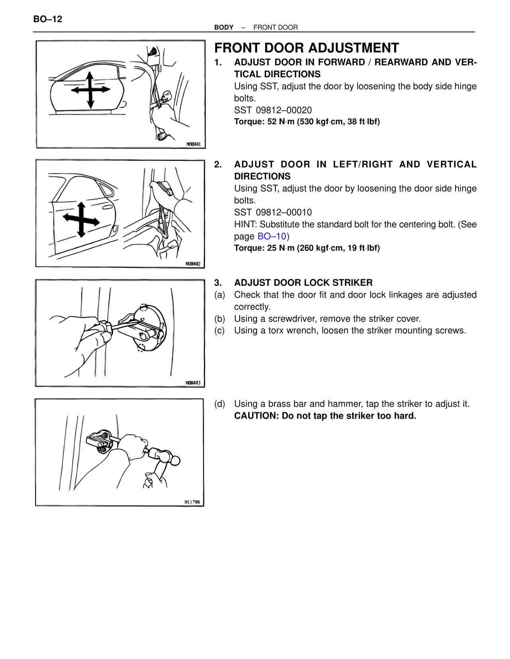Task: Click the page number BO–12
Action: coord(48,19)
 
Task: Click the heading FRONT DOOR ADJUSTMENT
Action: coord(306,48)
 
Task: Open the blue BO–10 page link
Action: coord(272,236)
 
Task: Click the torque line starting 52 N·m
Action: coord(307,122)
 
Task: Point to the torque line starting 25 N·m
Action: coord(307,248)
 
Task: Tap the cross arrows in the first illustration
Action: coord(90,90)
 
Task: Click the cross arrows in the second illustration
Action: coord(81,220)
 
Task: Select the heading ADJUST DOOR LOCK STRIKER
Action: coord(303,283)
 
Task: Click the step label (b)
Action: coord(220,319)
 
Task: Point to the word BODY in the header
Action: coord(224,27)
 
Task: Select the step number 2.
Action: coord(218,165)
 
